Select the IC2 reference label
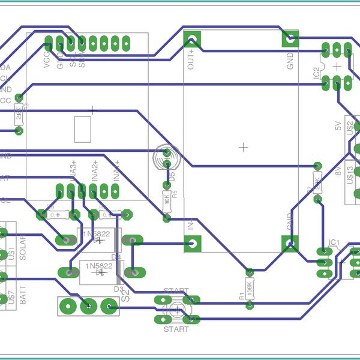click(316, 73)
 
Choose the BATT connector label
click(23, 296)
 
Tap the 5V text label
click(337, 126)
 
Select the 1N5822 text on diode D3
click(98, 266)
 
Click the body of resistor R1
click(250, 287)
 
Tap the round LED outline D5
click(166, 159)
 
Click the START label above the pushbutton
click(176, 290)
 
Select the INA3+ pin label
click(73, 171)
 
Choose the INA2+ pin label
click(95, 171)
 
